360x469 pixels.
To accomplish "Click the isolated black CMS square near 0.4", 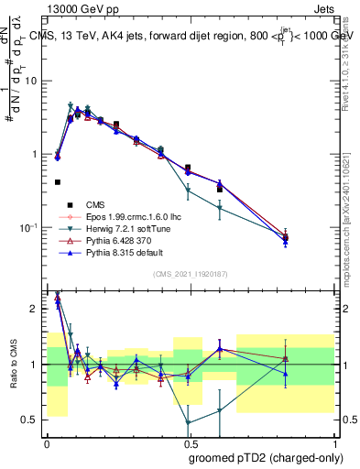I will coord(58,182).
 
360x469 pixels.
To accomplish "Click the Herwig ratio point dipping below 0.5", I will coord(189,423).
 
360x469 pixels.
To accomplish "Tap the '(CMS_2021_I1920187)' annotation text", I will coord(191,274).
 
